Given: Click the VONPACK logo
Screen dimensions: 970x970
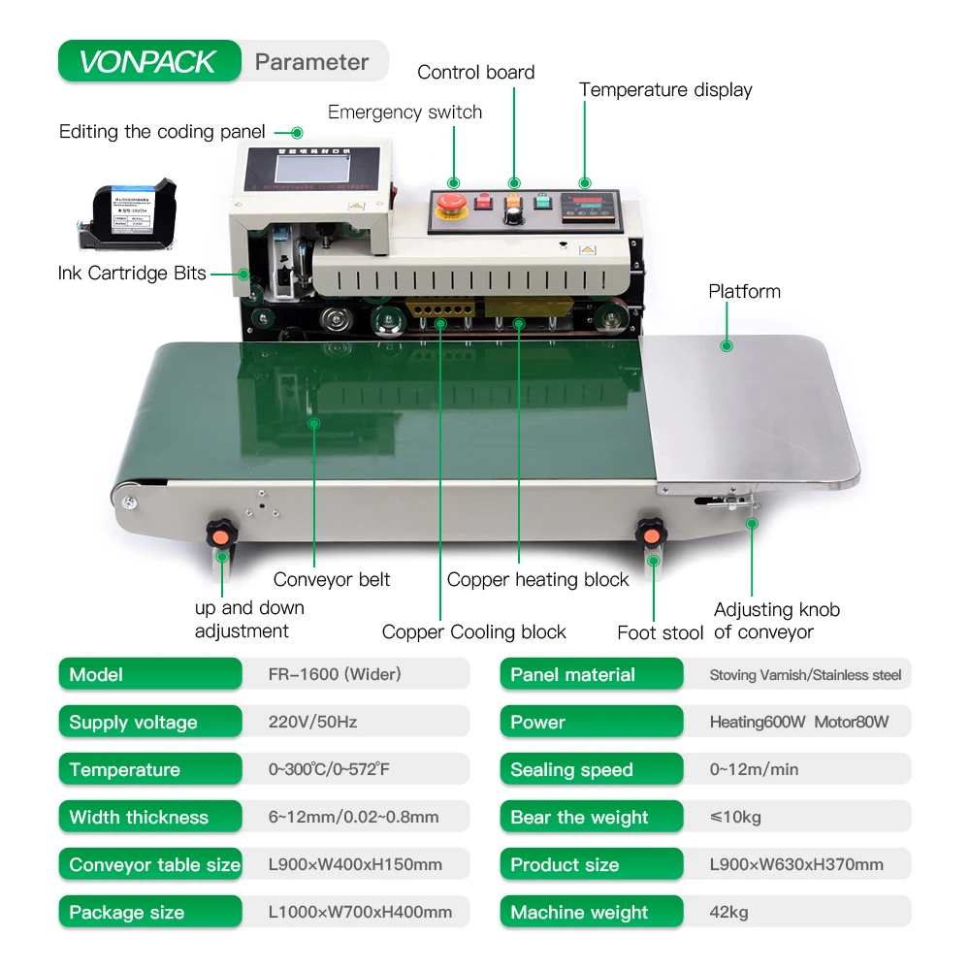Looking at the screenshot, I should pyautogui.click(x=148, y=62).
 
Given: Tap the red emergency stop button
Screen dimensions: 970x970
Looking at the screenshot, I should pyautogui.click(x=452, y=204).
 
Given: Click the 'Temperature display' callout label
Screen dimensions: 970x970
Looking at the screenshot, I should pyautogui.click(x=665, y=90).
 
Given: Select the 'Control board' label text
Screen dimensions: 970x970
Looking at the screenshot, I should pyautogui.click(x=475, y=73).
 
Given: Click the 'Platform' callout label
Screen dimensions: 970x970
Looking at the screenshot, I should pyautogui.click(x=744, y=292).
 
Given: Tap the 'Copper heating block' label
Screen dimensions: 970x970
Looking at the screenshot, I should pyautogui.click(x=537, y=580).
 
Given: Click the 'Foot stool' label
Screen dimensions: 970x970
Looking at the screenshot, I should pyautogui.click(x=660, y=633).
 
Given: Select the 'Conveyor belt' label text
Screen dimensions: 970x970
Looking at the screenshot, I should pyautogui.click(x=332, y=580).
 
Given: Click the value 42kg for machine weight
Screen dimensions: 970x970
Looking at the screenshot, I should pyautogui.click(x=729, y=913).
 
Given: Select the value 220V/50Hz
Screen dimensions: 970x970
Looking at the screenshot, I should pyautogui.click(x=312, y=723).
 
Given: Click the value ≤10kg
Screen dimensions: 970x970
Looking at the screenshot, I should pyautogui.click(x=735, y=818).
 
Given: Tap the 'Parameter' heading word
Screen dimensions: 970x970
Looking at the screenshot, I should pyautogui.click(x=311, y=62).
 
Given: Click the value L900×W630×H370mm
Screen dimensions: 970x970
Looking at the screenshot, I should pyautogui.click(x=796, y=865).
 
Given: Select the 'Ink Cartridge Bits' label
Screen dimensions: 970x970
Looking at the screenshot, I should pyautogui.click(x=132, y=274).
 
